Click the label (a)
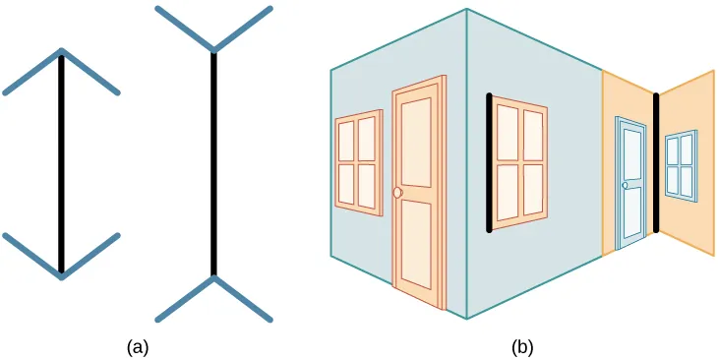pyautogui.click(x=138, y=345)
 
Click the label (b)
pyautogui.click(x=521, y=345)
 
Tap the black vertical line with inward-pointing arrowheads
pyautogui.click(x=61, y=162)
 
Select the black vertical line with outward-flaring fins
pyautogui.click(x=213, y=162)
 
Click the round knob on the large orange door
pyautogui.click(x=397, y=193)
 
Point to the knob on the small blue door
pyautogui.click(x=625, y=185)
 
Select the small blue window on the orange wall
pyautogui.click(x=680, y=165)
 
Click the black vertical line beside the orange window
pyautogui.click(x=489, y=162)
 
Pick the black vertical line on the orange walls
pyautogui.click(x=656, y=162)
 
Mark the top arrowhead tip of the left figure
pyautogui.click(x=61, y=50)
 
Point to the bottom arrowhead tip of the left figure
pyautogui.click(x=61, y=276)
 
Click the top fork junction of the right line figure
pyautogui.click(x=213, y=49)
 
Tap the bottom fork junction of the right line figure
pyautogui.click(x=213, y=277)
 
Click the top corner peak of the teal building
pyautogui.click(x=466, y=10)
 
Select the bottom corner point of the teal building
pyautogui.click(x=466, y=319)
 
